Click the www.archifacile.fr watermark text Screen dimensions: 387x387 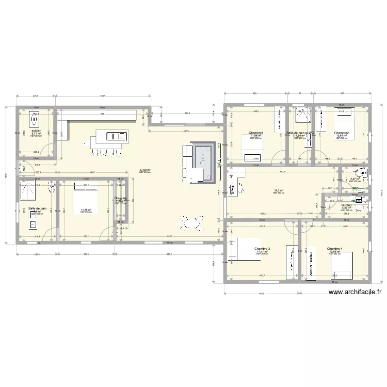(356, 291)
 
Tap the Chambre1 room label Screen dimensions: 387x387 (256, 133)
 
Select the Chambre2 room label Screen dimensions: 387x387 (341, 133)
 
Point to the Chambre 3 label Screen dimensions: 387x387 (262, 248)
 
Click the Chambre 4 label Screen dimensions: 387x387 (335, 248)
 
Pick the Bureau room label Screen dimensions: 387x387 (346, 205)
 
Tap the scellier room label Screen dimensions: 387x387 (36, 131)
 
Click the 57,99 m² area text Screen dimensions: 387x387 (144, 169)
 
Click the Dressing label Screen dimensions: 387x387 (120, 198)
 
